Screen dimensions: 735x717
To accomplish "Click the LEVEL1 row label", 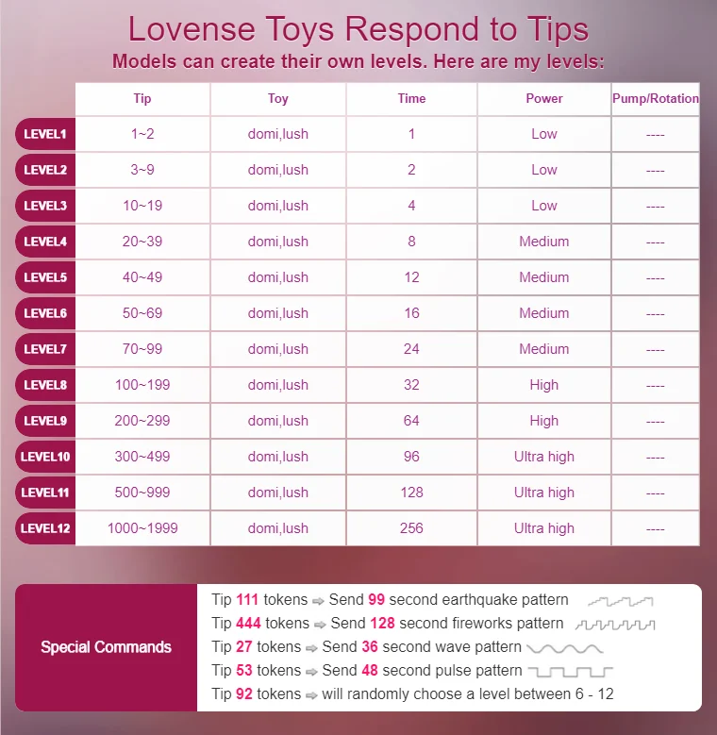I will pos(45,134).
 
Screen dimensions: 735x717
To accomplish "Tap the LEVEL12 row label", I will pos(45,528).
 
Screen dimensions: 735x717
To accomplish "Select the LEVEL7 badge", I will pos(45,349).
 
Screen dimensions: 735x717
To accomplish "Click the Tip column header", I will pos(142,98).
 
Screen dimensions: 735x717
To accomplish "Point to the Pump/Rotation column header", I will pos(656,98).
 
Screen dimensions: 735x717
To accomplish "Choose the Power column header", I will pos(544,98).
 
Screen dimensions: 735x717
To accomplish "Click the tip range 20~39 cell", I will pos(142,242).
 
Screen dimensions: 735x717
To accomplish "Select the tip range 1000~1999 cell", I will pos(142,528).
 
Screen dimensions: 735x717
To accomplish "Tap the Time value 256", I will pos(411,528).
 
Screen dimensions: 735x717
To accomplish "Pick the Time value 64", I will pos(411,421).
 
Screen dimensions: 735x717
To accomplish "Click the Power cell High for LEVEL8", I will pos(544,385).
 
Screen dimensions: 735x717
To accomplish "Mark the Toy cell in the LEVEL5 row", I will pos(278,277).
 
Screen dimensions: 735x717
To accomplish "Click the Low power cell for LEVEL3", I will pos(544,206).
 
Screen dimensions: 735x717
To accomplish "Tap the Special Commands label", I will pos(106,647).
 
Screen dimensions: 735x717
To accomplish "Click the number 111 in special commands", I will pos(247,600).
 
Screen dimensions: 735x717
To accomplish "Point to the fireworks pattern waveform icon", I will pos(615,624).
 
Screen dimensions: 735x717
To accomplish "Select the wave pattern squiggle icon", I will pos(564,648).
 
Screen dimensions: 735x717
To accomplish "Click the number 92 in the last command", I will pos(243,694).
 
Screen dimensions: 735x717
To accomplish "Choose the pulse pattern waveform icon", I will pos(570,672).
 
